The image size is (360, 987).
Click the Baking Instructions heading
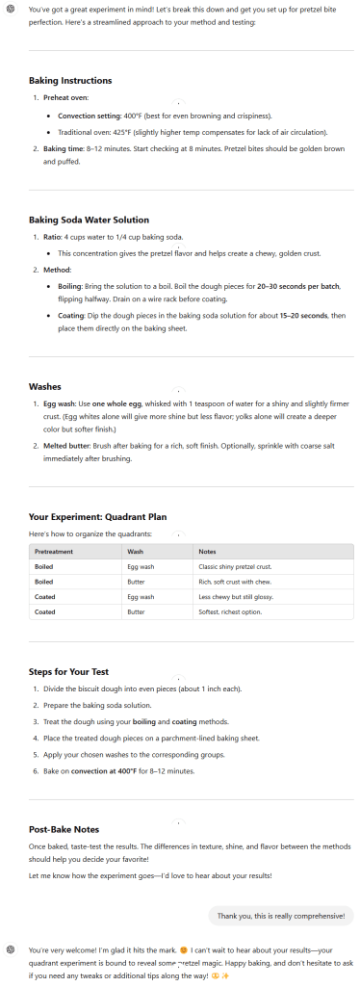click(x=70, y=81)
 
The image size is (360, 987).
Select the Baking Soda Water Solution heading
click(x=89, y=220)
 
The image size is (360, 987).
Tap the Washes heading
click(x=45, y=386)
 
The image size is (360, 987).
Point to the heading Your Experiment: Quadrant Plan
click(x=97, y=516)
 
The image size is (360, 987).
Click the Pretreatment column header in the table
click(x=54, y=552)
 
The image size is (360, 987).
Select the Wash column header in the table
click(x=136, y=552)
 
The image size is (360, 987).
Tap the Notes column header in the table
click(x=207, y=552)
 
